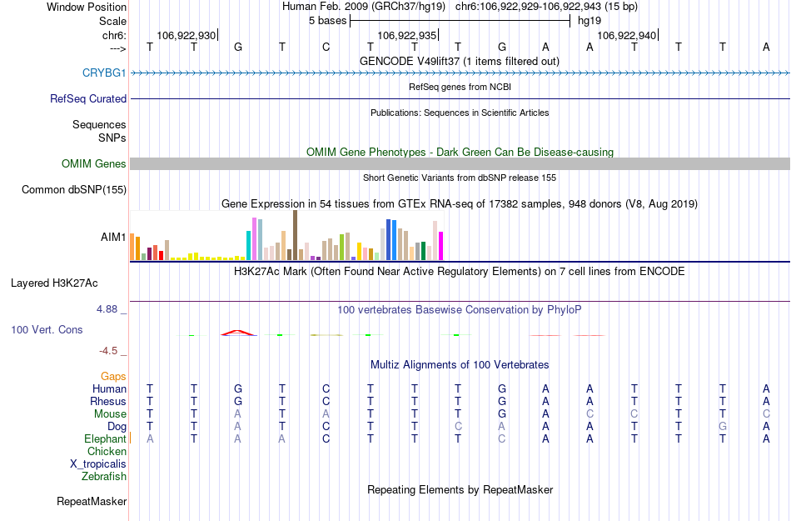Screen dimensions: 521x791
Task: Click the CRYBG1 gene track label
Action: coord(104,73)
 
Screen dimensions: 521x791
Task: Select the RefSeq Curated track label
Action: coord(88,98)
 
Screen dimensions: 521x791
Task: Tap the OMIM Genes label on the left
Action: coord(94,163)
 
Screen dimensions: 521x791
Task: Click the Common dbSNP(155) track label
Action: coord(73,189)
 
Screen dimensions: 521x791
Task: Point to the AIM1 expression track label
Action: coord(113,237)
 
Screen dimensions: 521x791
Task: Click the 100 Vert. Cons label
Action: coord(47,329)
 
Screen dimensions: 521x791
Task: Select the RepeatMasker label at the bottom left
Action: coord(92,501)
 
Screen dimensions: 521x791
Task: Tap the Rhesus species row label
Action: coord(108,401)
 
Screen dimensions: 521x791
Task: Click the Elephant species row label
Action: coord(105,438)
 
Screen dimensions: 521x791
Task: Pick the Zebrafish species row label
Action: coord(104,476)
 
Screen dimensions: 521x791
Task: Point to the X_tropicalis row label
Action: coord(98,463)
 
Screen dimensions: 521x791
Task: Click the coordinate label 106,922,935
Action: coord(406,35)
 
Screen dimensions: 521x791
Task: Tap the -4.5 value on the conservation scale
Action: coord(110,351)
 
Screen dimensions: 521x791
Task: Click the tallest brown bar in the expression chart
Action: coord(295,235)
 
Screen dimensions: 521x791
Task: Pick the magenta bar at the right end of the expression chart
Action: coord(440,245)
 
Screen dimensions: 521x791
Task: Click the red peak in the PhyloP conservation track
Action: coord(237,332)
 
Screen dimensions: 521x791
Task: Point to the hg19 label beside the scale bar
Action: coord(589,20)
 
